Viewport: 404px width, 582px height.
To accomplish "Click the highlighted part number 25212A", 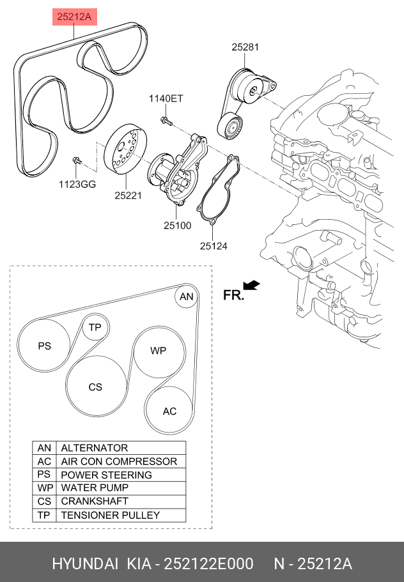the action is [x=74, y=17].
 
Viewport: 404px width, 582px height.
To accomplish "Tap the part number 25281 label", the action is [x=245, y=47].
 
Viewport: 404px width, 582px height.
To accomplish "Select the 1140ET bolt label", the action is [x=166, y=98].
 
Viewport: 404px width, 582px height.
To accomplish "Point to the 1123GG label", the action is [x=77, y=184].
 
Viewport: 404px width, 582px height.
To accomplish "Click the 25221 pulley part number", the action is [x=128, y=195].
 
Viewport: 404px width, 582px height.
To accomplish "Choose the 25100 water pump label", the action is [x=178, y=226].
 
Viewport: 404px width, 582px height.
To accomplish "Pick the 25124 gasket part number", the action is [x=214, y=246].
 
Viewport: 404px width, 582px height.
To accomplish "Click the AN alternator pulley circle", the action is [x=187, y=296].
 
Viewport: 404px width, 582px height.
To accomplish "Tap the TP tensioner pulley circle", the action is [x=95, y=327].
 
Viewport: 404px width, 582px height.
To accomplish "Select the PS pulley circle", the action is [x=44, y=346].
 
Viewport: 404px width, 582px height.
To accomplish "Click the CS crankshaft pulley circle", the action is [x=96, y=387].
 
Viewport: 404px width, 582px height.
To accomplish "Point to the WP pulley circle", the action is [x=159, y=351].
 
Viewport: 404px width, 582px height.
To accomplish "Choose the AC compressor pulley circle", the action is [x=169, y=411].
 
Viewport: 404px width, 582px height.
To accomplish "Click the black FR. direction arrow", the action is [x=251, y=286].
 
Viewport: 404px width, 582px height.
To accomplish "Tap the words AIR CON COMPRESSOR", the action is [x=119, y=461].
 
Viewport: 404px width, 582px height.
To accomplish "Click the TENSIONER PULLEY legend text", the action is [x=111, y=515].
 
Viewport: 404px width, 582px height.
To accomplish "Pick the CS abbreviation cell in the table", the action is [x=44, y=502].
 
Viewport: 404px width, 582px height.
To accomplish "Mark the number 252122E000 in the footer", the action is [x=208, y=563].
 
